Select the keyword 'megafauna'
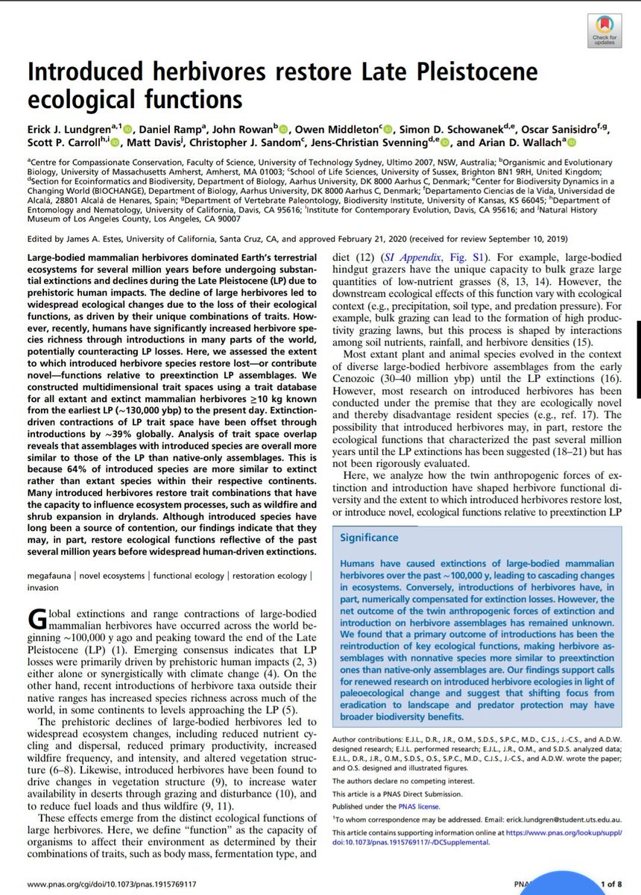click(x=51, y=577)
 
